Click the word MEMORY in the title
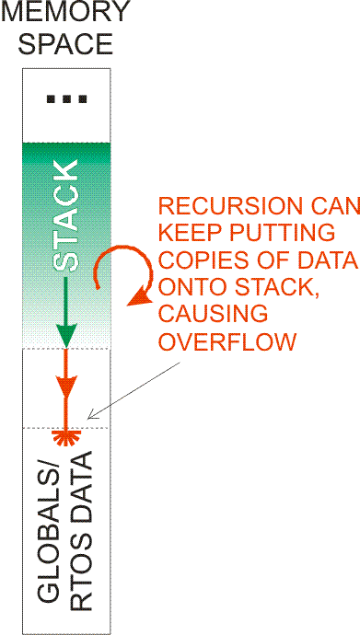pyautogui.click(x=65, y=12)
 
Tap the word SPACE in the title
pyautogui.click(x=65, y=43)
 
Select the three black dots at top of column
pyautogui.click(x=66, y=98)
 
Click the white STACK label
pyautogui.click(x=66, y=216)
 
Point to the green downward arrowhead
pyautogui.click(x=65, y=334)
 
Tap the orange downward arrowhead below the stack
pyautogui.click(x=65, y=387)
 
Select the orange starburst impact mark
pyautogui.click(x=66, y=438)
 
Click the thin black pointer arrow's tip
pyautogui.click(x=88, y=419)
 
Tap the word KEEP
pyautogui.click(x=186, y=234)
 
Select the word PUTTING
pyautogui.click(x=277, y=234)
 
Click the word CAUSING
pyautogui.click(x=212, y=315)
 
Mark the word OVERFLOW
pyautogui.click(x=227, y=342)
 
